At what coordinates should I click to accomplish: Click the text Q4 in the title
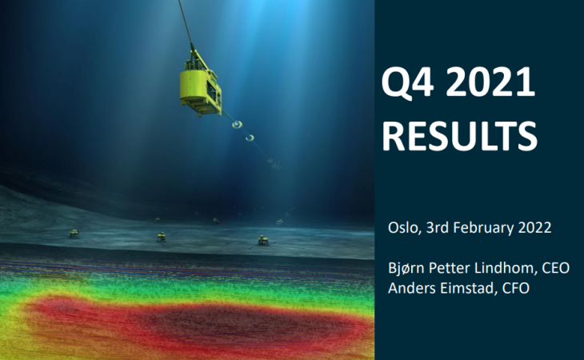point(407,82)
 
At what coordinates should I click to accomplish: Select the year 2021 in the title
point(490,82)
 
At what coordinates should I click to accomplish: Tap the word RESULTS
point(459,135)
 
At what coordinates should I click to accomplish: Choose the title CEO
point(556,268)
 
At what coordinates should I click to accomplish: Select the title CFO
point(516,288)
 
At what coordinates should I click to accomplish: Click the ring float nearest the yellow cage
point(237,124)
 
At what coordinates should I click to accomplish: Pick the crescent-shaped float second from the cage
point(250,138)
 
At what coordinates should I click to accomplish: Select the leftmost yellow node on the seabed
point(74,234)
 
